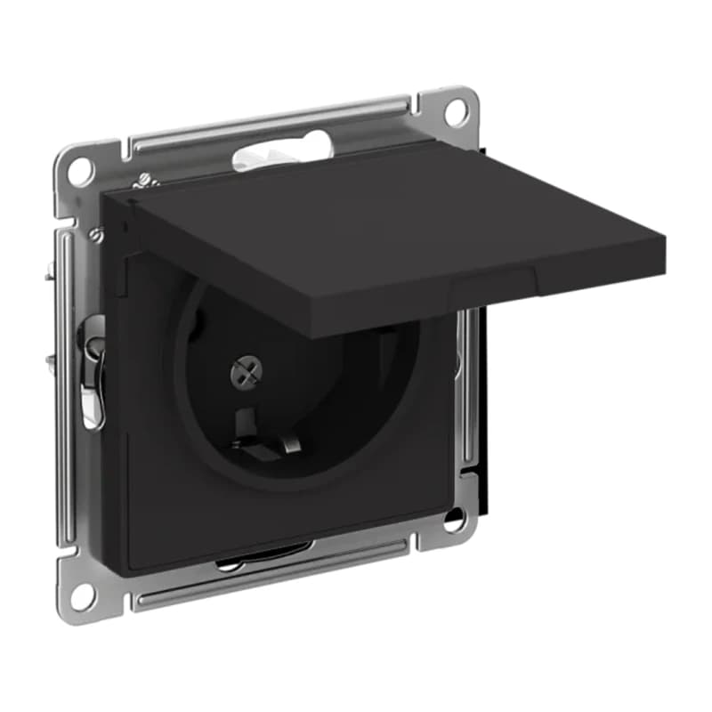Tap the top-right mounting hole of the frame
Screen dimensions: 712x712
[x=455, y=111]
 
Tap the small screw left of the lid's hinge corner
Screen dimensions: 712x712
[x=96, y=234]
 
